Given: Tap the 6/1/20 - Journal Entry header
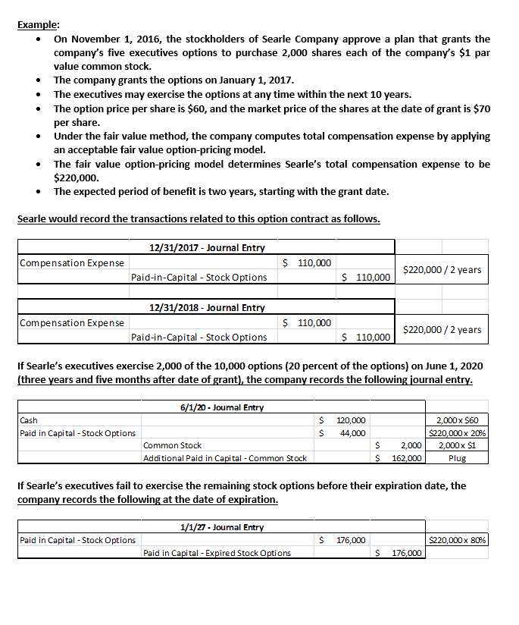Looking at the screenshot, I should point(221,407).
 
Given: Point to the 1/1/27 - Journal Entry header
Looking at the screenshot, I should point(221,526).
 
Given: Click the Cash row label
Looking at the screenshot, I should point(29,420).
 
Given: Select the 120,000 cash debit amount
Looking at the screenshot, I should point(351,420).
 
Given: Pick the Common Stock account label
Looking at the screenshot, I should point(172,445).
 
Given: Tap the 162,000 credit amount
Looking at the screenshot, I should point(407,458).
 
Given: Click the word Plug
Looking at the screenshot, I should point(457,458).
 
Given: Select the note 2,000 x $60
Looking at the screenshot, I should point(458,420).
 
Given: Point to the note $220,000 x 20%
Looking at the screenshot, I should point(457,433).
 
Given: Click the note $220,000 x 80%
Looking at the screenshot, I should point(457,540).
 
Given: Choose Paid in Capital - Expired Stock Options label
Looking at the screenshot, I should point(217,553).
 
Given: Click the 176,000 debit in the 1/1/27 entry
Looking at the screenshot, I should point(351,540).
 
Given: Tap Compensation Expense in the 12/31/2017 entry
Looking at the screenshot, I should point(72,263).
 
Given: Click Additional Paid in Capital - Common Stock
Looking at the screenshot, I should point(225,458).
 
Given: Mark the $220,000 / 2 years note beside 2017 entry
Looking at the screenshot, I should point(442,269).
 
